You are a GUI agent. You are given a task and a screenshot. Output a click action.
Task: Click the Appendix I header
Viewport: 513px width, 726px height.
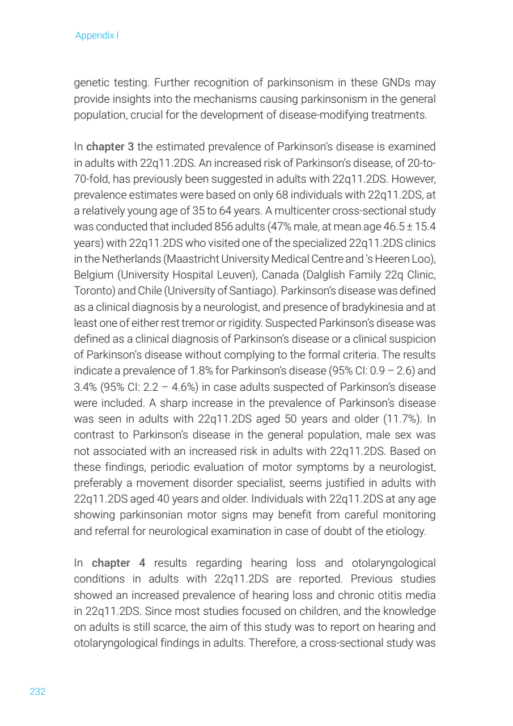[97, 36]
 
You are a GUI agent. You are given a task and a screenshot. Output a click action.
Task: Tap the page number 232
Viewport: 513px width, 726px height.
[37, 691]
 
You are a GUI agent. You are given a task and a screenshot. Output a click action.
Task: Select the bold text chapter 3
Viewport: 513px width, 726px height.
[110, 147]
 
